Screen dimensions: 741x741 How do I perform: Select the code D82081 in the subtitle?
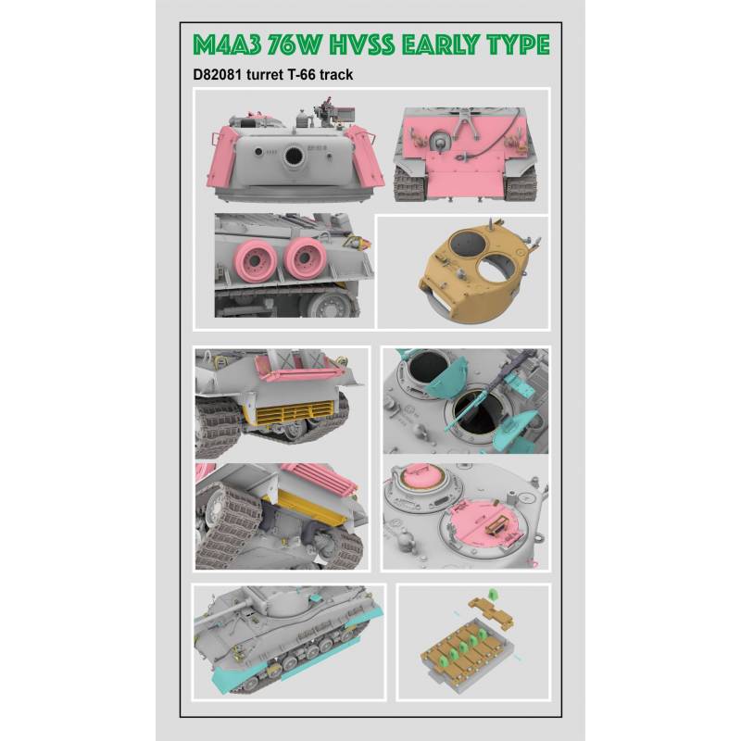218,75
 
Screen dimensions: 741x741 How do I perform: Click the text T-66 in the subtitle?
300,75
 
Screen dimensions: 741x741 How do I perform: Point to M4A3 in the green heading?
227,44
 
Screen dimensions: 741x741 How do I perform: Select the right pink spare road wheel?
306,258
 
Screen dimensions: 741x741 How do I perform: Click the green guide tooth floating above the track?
493,593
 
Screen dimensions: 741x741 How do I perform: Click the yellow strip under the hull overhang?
312,507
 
